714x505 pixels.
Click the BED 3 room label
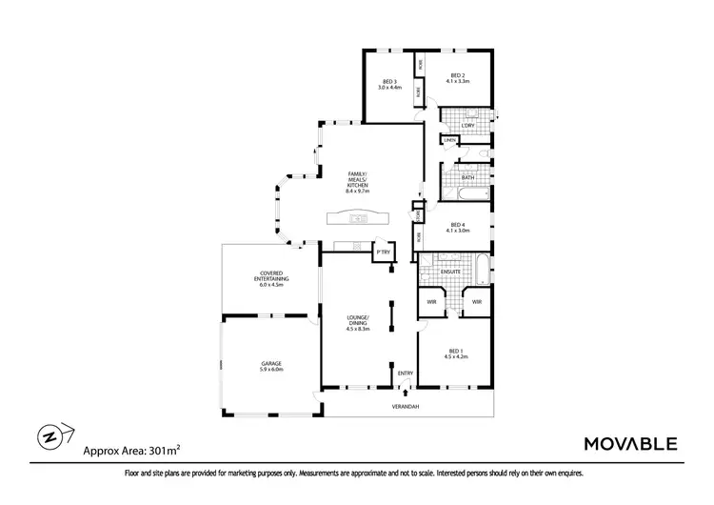point(389,84)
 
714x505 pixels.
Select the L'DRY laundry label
point(467,126)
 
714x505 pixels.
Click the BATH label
point(467,177)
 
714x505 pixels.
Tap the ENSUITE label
point(451,272)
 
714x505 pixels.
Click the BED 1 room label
point(457,353)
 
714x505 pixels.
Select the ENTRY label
point(406,373)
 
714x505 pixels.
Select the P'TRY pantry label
point(383,252)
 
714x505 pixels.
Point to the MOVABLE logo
point(629,443)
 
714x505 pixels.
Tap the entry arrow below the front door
point(407,391)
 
